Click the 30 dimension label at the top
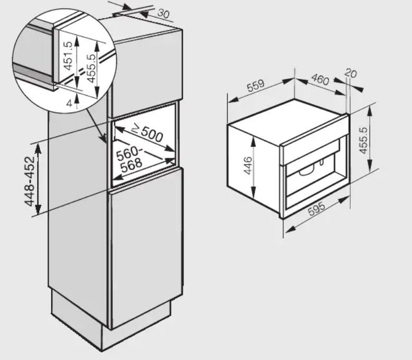point(163,13)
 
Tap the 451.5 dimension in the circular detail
point(68,56)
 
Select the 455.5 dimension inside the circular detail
point(91,68)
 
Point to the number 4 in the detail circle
point(69,104)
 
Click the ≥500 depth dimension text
point(147,133)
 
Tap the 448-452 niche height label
point(30,181)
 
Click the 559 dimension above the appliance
point(256,86)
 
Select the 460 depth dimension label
point(320,79)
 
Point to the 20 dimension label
point(351,73)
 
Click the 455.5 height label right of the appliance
point(363,141)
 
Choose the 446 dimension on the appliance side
point(248,165)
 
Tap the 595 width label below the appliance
point(316,209)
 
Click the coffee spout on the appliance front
point(321,163)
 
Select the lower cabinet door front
point(146,247)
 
